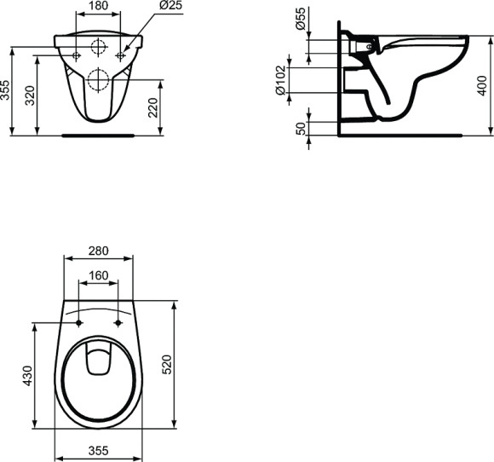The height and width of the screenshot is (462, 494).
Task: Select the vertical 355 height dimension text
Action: (x=7, y=91)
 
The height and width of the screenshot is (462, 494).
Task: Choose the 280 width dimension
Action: (x=99, y=251)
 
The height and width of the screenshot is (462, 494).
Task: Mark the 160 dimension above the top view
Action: (x=99, y=275)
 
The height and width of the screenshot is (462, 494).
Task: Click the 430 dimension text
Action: (x=27, y=375)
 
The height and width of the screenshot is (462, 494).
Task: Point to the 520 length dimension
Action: (x=168, y=364)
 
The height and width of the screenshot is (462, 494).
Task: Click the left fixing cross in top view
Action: (x=78, y=323)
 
